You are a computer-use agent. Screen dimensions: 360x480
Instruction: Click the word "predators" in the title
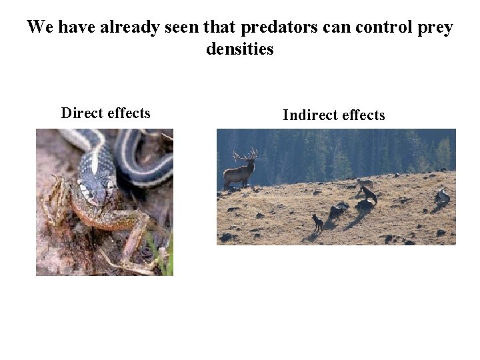coord(275,28)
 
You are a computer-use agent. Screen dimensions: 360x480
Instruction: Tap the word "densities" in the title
coord(240,49)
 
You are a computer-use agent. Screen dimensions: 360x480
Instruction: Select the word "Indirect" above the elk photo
coord(307,115)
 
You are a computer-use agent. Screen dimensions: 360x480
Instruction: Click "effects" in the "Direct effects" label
coord(129,113)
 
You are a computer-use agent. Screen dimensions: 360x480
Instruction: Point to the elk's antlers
coord(245,155)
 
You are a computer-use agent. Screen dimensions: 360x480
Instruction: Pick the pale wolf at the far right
coord(443,196)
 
